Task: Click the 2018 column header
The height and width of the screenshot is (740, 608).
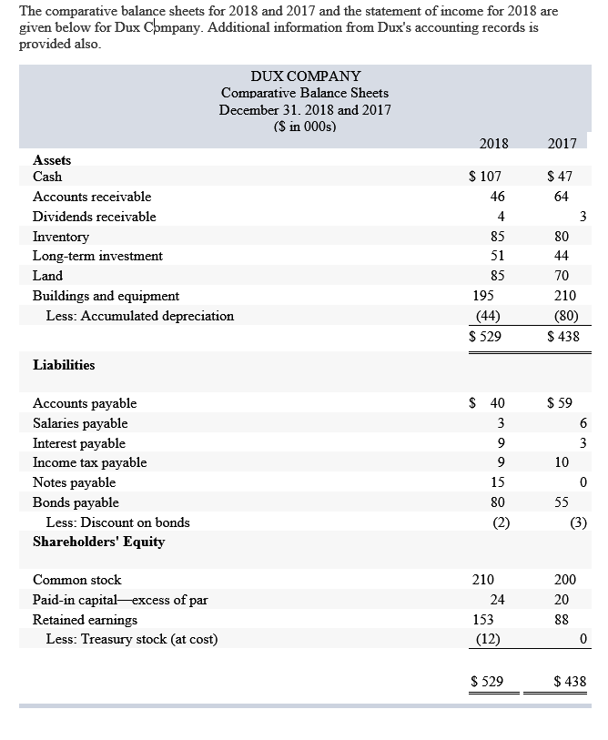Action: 492,143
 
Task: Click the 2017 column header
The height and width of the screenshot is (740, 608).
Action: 562,143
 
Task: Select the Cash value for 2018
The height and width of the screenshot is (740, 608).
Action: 485,177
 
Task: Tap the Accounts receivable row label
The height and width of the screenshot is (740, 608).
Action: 92,197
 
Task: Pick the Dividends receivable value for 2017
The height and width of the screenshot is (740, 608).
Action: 583,217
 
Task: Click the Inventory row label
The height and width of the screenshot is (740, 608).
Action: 61,237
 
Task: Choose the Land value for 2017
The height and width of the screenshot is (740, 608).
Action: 562,276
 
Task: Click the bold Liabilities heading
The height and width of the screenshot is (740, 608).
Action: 64,365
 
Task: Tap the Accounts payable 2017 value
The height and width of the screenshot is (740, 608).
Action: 561,403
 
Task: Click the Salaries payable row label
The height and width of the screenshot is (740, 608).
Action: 80,423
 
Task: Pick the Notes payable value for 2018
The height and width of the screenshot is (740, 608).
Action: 497,482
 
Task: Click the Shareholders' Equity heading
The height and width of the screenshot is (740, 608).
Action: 98,542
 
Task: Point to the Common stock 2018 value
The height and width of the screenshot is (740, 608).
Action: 483,580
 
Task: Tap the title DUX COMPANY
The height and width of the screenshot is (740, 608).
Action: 305,76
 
